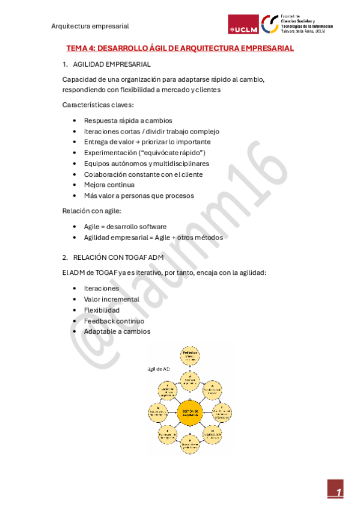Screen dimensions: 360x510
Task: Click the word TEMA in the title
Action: [76, 48]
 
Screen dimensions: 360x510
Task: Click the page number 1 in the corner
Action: [339, 493]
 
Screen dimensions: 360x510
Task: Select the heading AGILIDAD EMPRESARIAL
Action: [111, 64]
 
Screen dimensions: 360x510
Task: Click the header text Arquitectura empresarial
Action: [90, 26]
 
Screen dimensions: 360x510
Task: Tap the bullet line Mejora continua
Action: [109, 185]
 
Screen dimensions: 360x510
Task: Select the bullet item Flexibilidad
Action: [102, 310]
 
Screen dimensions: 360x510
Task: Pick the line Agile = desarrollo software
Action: [125, 227]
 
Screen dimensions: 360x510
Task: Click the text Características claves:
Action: [98, 105]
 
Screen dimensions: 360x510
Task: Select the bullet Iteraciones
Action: [102, 288]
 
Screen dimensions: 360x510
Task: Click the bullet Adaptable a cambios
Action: [117, 331]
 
